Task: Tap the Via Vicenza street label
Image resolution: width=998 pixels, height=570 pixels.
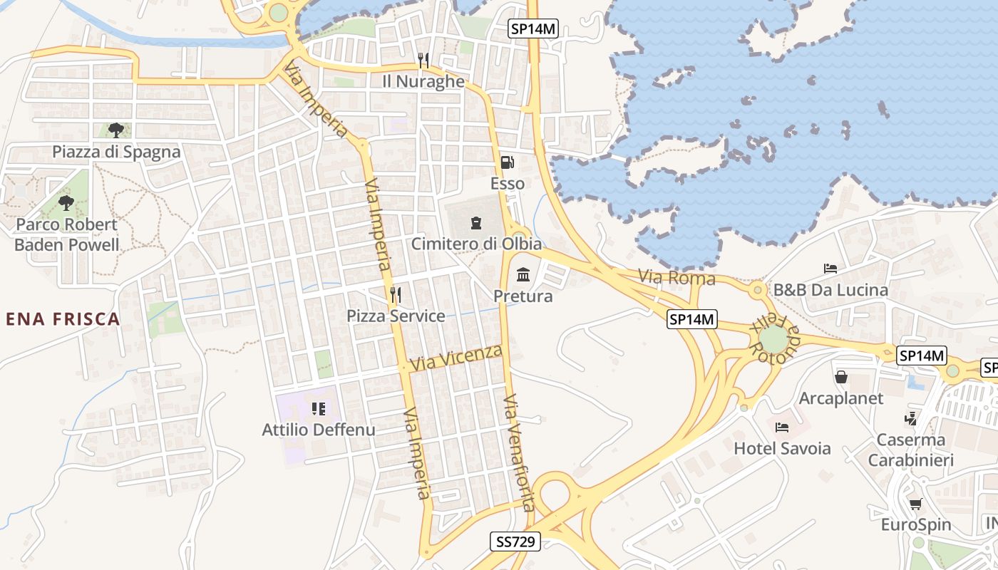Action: coord(456,358)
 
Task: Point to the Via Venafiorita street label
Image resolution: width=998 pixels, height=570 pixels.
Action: coord(518,452)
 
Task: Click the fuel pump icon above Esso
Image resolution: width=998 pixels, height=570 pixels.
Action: coord(507,162)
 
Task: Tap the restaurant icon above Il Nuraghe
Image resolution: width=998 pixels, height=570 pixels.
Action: coord(423,60)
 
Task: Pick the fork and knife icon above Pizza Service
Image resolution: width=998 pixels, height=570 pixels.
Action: coord(396,294)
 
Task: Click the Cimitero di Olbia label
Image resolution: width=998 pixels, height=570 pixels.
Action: coord(476,244)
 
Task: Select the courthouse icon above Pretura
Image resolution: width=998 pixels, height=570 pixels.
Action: coord(523,274)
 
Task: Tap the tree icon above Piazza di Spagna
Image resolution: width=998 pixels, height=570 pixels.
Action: coord(116,130)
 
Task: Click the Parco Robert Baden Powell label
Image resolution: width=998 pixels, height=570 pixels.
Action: coord(67,234)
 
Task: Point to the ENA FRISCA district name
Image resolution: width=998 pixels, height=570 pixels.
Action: coord(63,319)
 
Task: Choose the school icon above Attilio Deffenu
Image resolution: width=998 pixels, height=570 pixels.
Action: coord(319,409)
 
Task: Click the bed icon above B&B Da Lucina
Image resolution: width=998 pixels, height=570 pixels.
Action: coord(830,269)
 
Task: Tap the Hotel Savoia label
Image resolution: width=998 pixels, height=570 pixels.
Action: coord(782,448)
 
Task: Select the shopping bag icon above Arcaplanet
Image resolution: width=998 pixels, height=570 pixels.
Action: coord(841,376)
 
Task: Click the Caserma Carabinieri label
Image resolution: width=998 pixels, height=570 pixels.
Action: coord(910,450)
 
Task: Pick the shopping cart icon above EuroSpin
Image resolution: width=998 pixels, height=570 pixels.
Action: coord(916,504)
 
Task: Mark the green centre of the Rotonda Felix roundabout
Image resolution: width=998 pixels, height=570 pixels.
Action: coord(773,339)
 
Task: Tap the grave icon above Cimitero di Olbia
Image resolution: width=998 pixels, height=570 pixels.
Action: coord(476,223)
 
